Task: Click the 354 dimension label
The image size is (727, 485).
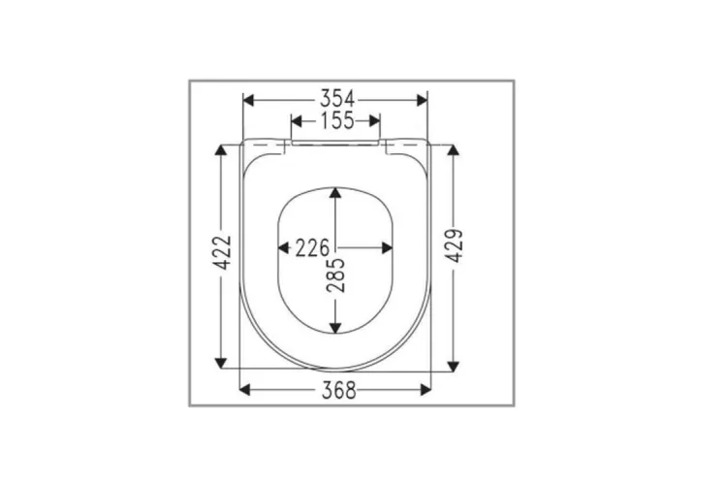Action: pyautogui.click(x=334, y=98)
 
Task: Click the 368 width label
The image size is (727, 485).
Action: pyautogui.click(x=334, y=390)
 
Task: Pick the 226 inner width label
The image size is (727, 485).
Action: pyautogui.click(x=312, y=248)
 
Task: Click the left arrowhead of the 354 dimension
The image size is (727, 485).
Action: pyautogui.click(x=247, y=99)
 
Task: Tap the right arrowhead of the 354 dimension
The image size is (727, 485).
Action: pyautogui.click(x=422, y=99)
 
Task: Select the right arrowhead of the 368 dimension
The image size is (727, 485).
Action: pyautogui.click(x=426, y=390)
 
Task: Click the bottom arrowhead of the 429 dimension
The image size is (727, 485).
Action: pyautogui.click(x=453, y=365)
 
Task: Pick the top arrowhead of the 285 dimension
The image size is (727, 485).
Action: pyautogui.click(x=335, y=192)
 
